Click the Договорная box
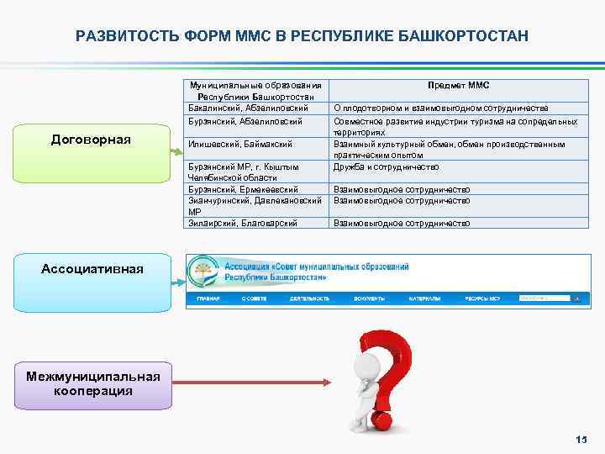[91, 139]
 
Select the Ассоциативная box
[92, 269]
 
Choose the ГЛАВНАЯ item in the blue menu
[208, 298]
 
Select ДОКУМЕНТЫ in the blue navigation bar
[369, 298]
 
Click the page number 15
[581, 441]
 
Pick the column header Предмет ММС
[458, 86]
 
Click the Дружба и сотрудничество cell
[386, 166]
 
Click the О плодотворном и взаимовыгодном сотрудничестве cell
[441, 108]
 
